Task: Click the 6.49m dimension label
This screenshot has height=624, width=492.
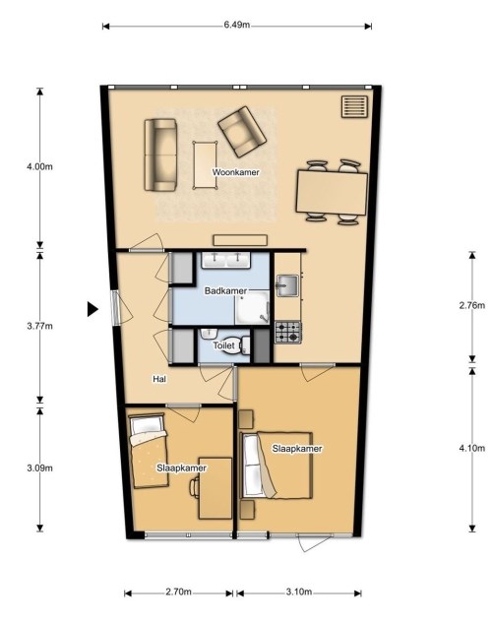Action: tap(237, 25)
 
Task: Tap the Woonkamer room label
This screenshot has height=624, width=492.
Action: tap(235, 172)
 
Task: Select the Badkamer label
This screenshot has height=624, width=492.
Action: tap(225, 291)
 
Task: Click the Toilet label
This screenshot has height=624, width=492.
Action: tap(224, 345)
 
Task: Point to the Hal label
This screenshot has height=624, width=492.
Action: tap(159, 379)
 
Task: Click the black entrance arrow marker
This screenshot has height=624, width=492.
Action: tap(92, 309)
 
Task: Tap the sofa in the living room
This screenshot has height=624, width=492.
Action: tap(160, 155)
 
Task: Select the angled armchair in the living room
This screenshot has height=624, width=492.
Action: tap(242, 131)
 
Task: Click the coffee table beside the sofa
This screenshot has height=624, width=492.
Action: tap(206, 165)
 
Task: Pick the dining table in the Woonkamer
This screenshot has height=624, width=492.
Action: tap(332, 192)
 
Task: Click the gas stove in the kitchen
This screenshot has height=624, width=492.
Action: tap(288, 333)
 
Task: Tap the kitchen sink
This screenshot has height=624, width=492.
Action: tap(287, 285)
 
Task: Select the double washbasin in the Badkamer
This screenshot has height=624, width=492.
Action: tap(226, 260)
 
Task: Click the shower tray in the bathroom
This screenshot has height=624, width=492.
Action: tap(252, 308)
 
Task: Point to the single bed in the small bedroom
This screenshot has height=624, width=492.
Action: tap(149, 451)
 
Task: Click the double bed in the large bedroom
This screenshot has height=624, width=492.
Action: tap(277, 466)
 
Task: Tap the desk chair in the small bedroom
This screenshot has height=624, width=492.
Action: tap(195, 487)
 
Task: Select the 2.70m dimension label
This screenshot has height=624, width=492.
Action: tap(178, 592)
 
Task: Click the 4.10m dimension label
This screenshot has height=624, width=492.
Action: tap(472, 448)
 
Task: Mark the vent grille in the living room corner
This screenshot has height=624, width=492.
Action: tap(354, 106)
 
